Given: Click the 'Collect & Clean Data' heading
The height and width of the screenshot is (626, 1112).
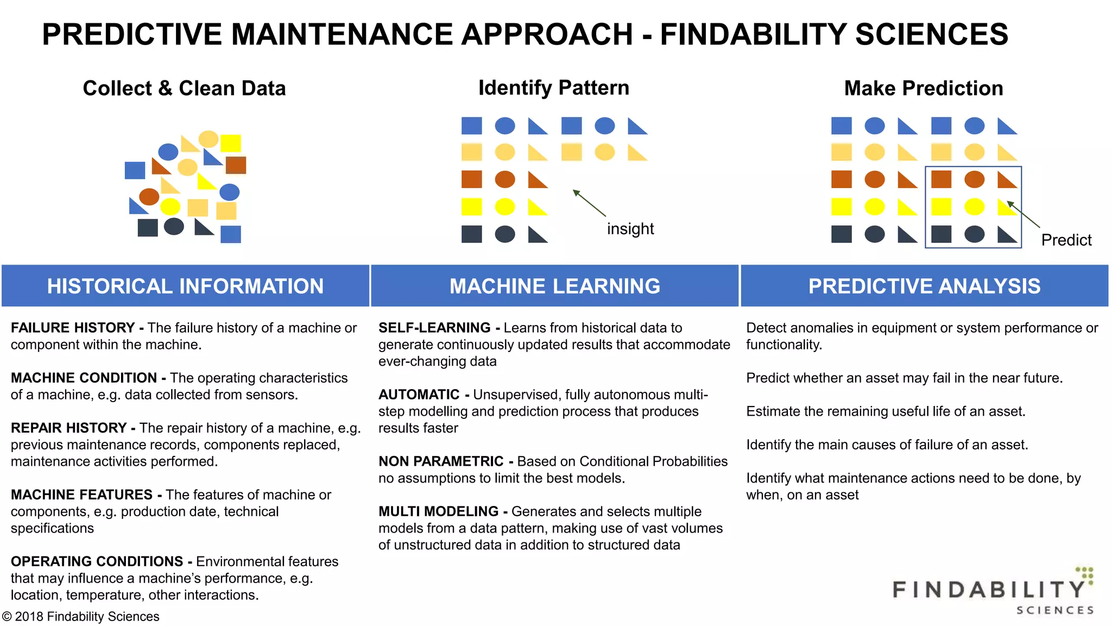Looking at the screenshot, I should pyautogui.click(x=184, y=88).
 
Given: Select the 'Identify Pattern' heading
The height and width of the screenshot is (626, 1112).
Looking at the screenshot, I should pyautogui.click(x=553, y=87).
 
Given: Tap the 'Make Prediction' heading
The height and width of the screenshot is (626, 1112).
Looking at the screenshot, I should pyautogui.click(x=923, y=88).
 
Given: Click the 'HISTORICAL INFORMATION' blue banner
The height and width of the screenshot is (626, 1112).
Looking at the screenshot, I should pyautogui.click(x=185, y=286).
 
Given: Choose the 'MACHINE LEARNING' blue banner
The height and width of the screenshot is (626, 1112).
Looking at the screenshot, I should pyautogui.click(x=554, y=286).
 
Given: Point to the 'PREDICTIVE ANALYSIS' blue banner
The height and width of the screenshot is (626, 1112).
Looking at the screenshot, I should pyautogui.click(x=924, y=286).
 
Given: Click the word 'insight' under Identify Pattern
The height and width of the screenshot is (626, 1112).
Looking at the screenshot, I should pyautogui.click(x=630, y=229).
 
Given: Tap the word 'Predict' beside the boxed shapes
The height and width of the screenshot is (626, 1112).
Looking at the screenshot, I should pyautogui.click(x=1066, y=240).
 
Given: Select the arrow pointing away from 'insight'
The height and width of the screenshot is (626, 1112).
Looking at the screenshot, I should pyautogui.click(x=589, y=203).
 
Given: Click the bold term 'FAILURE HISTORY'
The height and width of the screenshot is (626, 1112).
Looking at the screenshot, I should pyautogui.click(x=73, y=328).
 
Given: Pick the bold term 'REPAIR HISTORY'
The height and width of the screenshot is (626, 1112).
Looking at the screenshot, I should pyautogui.click(x=69, y=428).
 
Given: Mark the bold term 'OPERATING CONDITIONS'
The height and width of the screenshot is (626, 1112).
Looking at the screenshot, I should pyautogui.click(x=97, y=561).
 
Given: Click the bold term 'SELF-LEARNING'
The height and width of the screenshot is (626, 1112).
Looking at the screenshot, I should pyautogui.click(x=434, y=328).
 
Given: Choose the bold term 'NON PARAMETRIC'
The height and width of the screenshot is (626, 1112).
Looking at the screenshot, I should pyautogui.click(x=441, y=461).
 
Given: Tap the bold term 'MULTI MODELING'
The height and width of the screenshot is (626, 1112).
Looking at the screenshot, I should pyautogui.click(x=438, y=511).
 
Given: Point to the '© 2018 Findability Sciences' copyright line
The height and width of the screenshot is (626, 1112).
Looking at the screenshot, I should pyautogui.click(x=81, y=617).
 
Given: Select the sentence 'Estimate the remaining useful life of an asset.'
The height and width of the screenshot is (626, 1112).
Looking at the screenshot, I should pyautogui.click(x=886, y=411).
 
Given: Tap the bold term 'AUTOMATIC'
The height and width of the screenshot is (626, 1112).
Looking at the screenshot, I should pyautogui.click(x=419, y=395).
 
